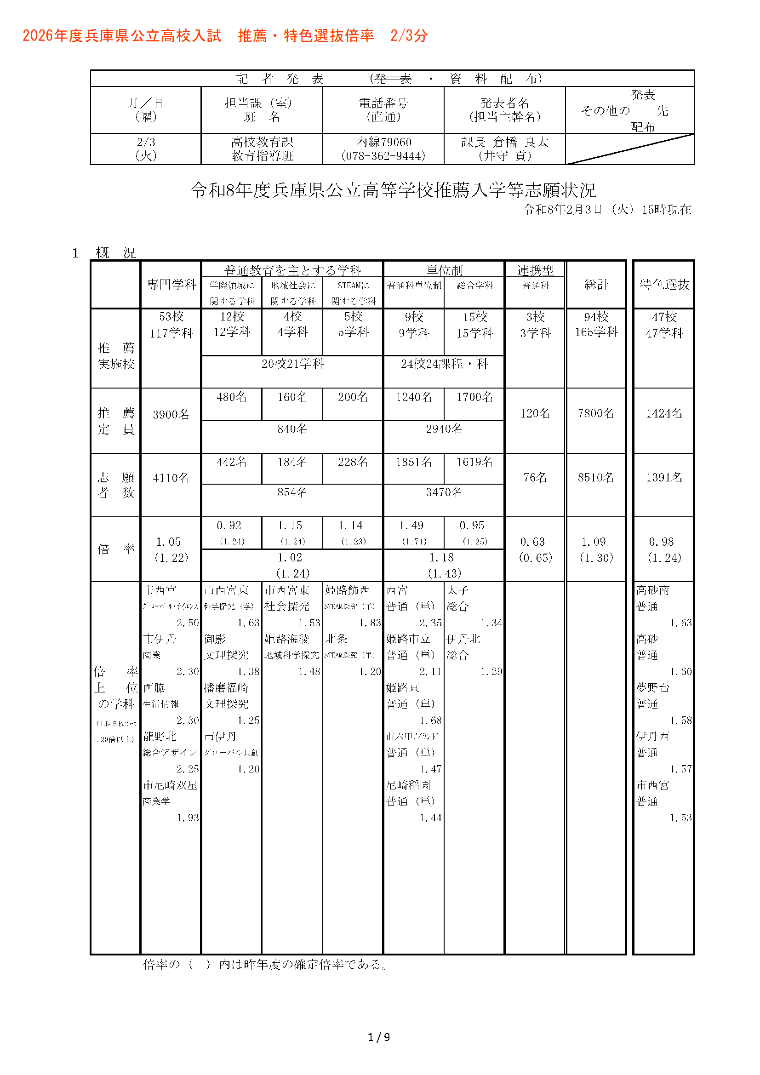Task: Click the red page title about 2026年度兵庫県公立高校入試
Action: click(225, 35)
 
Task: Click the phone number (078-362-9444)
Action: click(383, 156)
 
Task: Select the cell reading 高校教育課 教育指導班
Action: click(262, 149)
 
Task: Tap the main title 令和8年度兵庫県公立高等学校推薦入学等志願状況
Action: click(393, 190)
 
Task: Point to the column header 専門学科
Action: click(171, 284)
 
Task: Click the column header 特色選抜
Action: click(663, 284)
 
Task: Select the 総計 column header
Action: click(596, 284)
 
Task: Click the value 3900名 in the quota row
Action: click(171, 414)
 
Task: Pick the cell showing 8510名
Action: click(596, 477)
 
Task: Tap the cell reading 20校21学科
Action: click(292, 364)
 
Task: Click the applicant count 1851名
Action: click(413, 462)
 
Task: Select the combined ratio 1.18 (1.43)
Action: click(444, 565)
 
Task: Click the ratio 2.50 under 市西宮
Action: click(187, 623)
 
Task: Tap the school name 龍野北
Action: click(160, 737)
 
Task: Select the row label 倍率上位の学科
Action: click(115, 688)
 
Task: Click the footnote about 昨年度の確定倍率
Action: click(265, 965)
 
